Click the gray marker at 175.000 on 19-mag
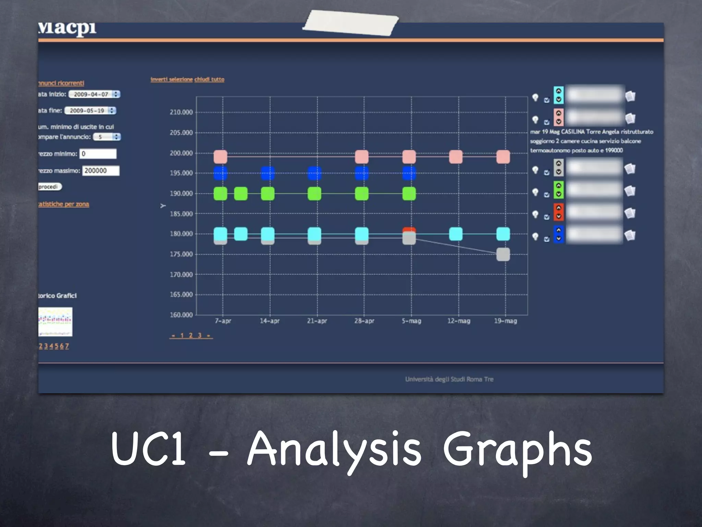pyautogui.click(x=503, y=255)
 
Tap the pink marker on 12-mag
pyautogui.click(x=456, y=157)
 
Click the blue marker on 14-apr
pyautogui.click(x=268, y=173)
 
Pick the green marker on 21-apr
pyautogui.click(x=314, y=194)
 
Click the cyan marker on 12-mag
pyautogui.click(x=456, y=234)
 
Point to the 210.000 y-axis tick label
pyautogui.click(x=181, y=112)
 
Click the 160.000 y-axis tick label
pyautogui.click(x=181, y=315)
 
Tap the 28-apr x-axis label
pyautogui.click(x=364, y=321)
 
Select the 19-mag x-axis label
pyautogui.click(x=505, y=321)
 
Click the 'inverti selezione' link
pyautogui.click(x=171, y=79)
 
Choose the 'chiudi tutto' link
pyautogui.click(x=209, y=79)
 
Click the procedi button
pyautogui.click(x=49, y=187)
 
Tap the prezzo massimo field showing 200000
pyautogui.click(x=100, y=171)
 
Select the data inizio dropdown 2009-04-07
pyautogui.click(x=94, y=94)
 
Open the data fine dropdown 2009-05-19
pyautogui.click(x=90, y=111)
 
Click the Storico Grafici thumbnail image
pyautogui.click(x=55, y=321)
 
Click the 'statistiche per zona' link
pyautogui.click(x=63, y=204)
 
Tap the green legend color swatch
pyautogui.click(x=558, y=190)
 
